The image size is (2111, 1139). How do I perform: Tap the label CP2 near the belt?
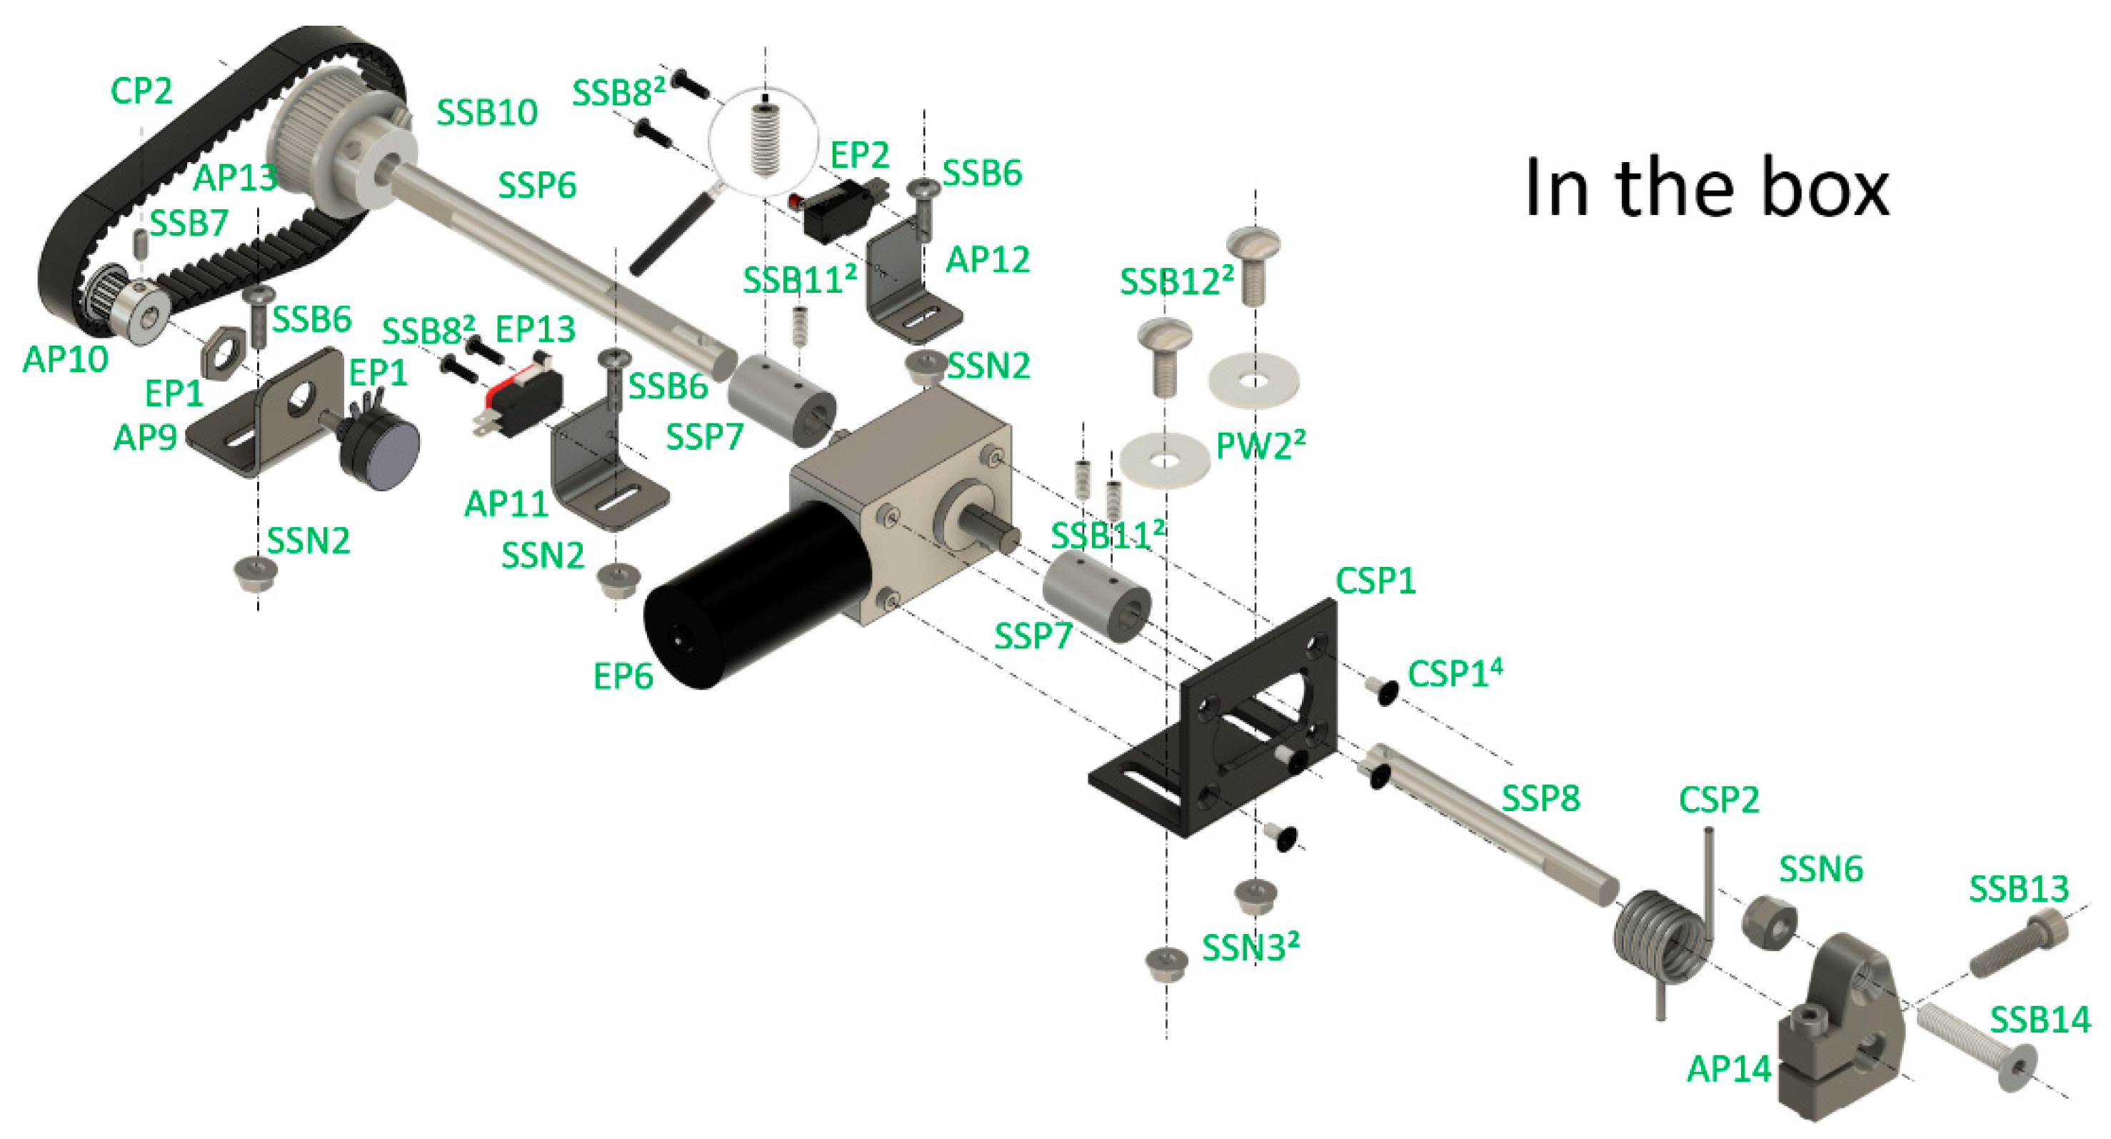point(141,90)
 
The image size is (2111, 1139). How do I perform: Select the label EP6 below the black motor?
point(623,677)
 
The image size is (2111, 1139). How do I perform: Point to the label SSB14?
point(2040,1021)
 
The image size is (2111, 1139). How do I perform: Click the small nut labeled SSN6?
point(1768,923)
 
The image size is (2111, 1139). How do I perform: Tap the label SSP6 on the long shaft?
point(537,185)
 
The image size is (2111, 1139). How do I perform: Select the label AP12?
point(987,260)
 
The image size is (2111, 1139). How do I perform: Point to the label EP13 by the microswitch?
point(535,329)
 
